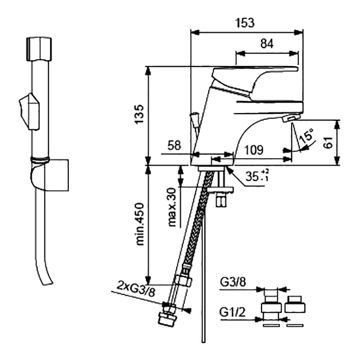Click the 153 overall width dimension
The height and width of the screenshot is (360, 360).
tap(246, 22)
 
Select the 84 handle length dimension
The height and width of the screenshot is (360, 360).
tap(267, 44)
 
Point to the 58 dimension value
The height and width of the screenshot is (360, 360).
tap(174, 146)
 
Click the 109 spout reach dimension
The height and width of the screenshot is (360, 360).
tap(254, 149)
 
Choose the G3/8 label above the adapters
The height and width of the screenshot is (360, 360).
tap(233, 283)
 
